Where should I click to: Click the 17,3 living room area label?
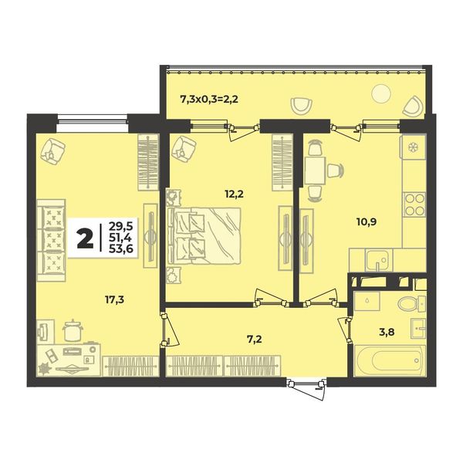coord(114,299)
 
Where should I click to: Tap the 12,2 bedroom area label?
coord(234,194)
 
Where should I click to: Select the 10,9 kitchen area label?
coord(367,221)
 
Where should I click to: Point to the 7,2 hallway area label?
coord(254,340)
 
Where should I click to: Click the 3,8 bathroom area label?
coord(387,332)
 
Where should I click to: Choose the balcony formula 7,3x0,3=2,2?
coord(209,100)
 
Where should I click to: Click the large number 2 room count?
coord(85,239)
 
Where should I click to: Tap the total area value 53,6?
coord(121,249)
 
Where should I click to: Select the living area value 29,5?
coord(121,226)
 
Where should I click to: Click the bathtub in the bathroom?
coord(390,360)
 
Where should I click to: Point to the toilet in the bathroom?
coord(411,304)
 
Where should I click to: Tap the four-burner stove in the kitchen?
coord(414,204)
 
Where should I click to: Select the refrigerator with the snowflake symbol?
coord(413,147)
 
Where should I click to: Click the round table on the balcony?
coord(381,93)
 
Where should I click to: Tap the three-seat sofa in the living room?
coord(51,240)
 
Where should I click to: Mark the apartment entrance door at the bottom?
coord(306,387)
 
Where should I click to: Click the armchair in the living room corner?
coord(53,152)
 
